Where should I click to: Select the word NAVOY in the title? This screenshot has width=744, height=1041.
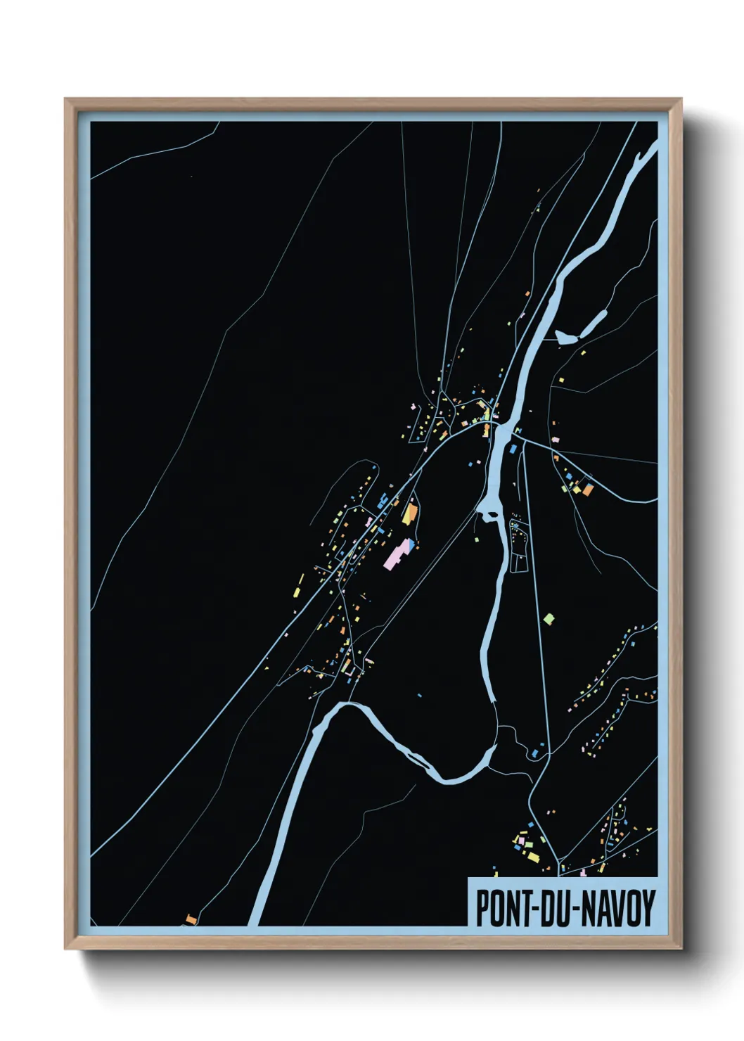618,908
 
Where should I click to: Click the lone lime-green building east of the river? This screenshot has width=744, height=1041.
549,619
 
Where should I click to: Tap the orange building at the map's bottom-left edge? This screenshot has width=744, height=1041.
191,919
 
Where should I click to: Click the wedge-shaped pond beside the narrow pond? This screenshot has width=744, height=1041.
566,338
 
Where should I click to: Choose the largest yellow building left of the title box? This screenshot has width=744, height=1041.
532,857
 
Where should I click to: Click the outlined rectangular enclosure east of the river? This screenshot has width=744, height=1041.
519,546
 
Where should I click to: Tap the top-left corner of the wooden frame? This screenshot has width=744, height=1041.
66,100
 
